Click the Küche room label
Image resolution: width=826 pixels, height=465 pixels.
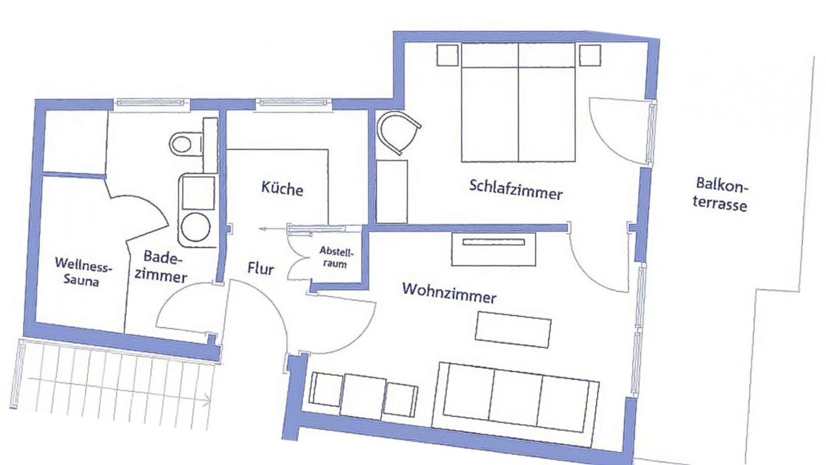(x=282, y=189)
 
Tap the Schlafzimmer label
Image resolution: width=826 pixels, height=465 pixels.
(x=516, y=190)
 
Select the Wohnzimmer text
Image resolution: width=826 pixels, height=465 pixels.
(x=449, y=293)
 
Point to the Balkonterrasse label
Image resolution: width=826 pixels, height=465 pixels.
(x=720, y=195)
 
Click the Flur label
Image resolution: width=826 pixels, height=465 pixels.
(x=260, y=268)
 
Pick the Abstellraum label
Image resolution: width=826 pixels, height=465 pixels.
(x=336, y=258)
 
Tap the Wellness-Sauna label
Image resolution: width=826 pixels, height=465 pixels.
(x=82, y=271)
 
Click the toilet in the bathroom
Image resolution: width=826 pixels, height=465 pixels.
(x=186, y=143)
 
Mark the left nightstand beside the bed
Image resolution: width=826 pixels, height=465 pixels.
(x=448, y=55)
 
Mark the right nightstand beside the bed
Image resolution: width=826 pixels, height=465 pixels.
(x=590, y=55)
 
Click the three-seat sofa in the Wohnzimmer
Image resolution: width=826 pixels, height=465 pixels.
(x=515, y=397)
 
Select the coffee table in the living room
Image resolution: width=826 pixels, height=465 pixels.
(x=513, y=329)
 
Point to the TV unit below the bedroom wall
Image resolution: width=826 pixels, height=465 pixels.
(x=494, y=249)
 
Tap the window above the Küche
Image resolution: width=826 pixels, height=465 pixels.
(x=293, y=103)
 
